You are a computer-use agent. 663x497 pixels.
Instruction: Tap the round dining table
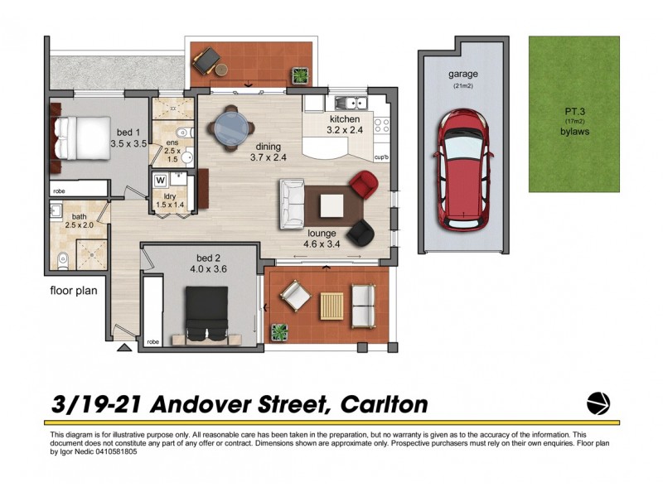(230, 128)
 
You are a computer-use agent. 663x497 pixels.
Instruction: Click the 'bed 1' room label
(128, 133)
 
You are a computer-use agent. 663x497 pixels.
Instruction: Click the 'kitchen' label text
(345, 119)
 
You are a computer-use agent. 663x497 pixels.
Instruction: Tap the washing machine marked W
(160, 180)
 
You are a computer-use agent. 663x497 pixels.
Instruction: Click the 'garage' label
(464, 74)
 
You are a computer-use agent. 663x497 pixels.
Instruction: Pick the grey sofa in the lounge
(293, 200)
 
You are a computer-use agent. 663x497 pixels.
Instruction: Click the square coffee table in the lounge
(331, 204)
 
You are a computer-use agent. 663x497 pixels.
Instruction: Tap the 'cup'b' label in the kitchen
(382, 157)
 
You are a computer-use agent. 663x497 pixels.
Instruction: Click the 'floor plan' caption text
(74, 292)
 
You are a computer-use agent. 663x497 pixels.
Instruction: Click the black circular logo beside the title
(598, 403)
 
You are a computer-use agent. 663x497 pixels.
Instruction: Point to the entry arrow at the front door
(123, 348)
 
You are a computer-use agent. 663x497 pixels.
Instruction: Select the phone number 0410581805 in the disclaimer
(110, 452)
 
